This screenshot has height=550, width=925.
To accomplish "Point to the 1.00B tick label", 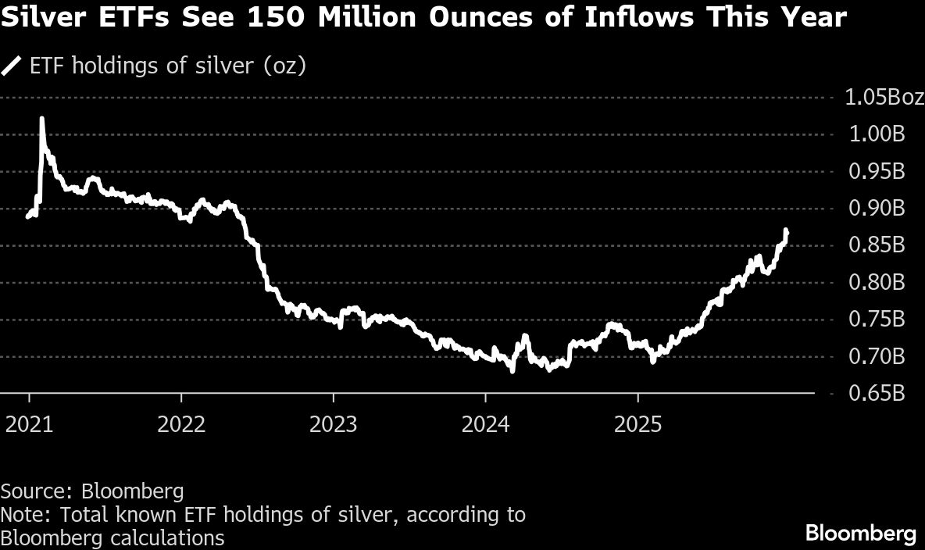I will [x=876, y=134].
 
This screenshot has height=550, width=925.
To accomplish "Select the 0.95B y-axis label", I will [x=876, y=171].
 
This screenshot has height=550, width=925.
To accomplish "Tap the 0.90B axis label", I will [x=876, y=209].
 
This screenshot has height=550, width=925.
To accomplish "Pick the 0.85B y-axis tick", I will [x=876, y=245].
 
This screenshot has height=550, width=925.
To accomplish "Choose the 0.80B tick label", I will [x=876, y=282].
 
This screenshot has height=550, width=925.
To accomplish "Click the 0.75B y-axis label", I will [x=876, y=320].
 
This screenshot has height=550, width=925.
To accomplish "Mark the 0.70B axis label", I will [x=876, y=357].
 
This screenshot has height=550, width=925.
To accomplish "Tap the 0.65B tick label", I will [x=876, y=394].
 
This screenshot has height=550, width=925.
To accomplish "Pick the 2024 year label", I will [x=485, y=424].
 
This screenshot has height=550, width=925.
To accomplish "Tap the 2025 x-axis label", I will [x=637, y=424].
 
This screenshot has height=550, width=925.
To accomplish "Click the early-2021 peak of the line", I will [x=41, y=119].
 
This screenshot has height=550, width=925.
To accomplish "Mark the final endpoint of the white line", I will [x=787, y=231].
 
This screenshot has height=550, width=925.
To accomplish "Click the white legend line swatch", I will [x=12, y=66].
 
